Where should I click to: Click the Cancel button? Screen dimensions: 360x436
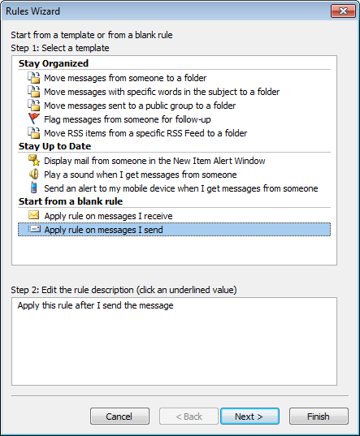pos(119,417)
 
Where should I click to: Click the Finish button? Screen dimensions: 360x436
pos(319,417)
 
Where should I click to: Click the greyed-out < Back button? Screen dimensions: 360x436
pos(189,417)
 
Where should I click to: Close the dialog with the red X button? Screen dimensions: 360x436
pos(343,11)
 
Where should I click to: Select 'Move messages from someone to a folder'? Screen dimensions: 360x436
pos(125,78)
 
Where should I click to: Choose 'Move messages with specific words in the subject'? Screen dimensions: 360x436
pos(162,92)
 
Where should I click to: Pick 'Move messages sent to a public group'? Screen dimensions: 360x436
pos(140,106)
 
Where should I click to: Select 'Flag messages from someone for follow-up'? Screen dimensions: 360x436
pos(128,119)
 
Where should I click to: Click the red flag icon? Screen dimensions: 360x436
pos(33,119)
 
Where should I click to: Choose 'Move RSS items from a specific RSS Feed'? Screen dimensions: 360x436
pos(145,133)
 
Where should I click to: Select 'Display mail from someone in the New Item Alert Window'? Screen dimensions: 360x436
pos(154,161)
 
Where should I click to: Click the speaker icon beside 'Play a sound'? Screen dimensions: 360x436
pos(33,174)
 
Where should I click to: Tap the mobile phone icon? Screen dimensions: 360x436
pos(33,188)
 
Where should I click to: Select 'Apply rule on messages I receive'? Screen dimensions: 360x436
pos(109,216)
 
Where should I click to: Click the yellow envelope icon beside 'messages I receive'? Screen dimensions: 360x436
pos(33,215)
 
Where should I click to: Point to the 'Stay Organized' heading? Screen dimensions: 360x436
pos(54,63)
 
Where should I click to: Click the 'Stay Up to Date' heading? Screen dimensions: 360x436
pos(54,146)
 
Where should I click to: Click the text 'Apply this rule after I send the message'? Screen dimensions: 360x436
pos(95,305)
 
